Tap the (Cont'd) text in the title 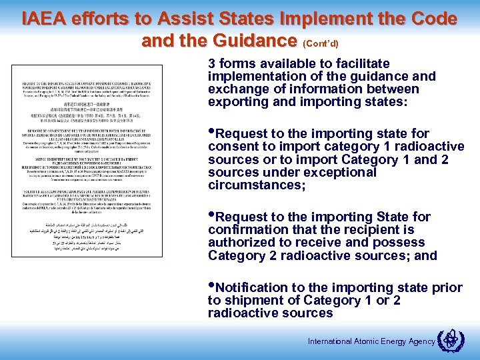coord(321,43)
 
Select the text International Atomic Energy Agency coord(371,341)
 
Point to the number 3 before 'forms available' coord(212,64)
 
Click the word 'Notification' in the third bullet coord(251,287)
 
